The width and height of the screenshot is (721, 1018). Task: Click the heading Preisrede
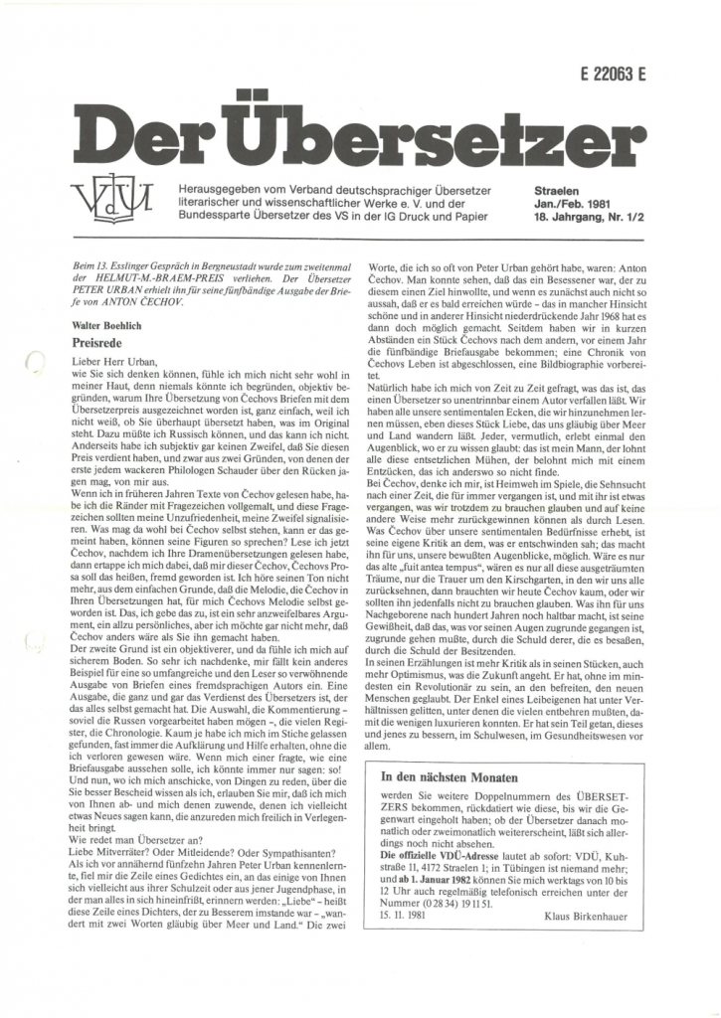click(x=95, y=340)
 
